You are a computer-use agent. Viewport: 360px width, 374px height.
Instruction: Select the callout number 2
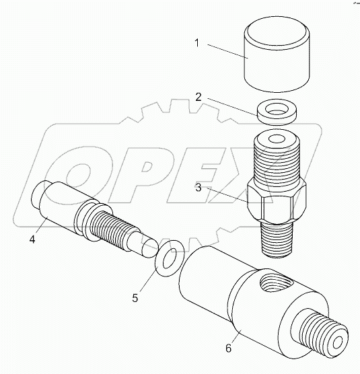(198, 96)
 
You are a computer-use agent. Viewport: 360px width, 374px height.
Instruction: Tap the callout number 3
(199, 188)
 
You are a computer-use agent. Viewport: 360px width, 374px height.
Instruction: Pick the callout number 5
(136, 295)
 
